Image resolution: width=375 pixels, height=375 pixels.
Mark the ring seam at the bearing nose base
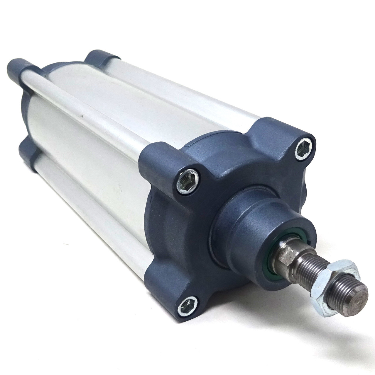click(x=223, y=211)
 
